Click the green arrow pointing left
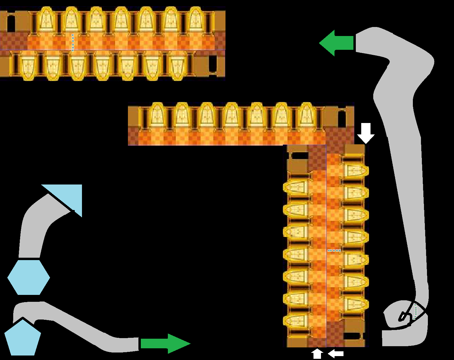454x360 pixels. [x=336, y=43]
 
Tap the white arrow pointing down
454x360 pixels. [x=366, y=133]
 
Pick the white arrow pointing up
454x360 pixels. [x=318, y=354]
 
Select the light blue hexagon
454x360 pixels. [x=29, y=277]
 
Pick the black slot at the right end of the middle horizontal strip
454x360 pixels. [x=342, y=118]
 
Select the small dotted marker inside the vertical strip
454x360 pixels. [x=334, y=250]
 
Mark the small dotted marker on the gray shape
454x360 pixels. [x=415, y=311]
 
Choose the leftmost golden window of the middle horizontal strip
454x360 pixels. [x=157, y=115]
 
